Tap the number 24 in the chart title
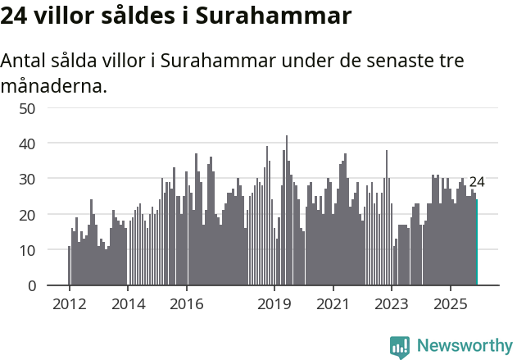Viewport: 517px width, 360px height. pyautogui.click(x=16, y=16)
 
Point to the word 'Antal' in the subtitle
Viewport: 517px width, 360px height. pyautogui.click(x=24, y=61)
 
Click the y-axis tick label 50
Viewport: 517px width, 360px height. pyautogui.click(x=27, y=107)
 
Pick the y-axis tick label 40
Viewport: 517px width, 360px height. pyautogui.click(x=27, y=144)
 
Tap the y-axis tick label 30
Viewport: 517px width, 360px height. pyautogui.click(x=27, y=179)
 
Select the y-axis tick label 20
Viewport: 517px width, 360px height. pyautogui.click(x=27, y=214)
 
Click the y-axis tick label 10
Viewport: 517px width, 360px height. pyautogui.click(x=27, y=250)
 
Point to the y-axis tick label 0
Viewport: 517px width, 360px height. pyautogui.click(x=31, y=285)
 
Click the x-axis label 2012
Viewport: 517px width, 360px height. pyautogui.click(x=69, y=303)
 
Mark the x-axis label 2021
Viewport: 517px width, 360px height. pyautogui.click(x=333, y=303)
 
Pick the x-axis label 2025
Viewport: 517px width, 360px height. pyautogui.click(x=450, y=303)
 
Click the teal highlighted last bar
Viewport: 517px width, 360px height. pyautogui.click(x=477, y=243)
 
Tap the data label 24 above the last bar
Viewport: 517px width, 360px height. pyautogui.click(x=477, y=182)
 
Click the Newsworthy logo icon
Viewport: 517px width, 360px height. pyautogui.click(x=400, y=346)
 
